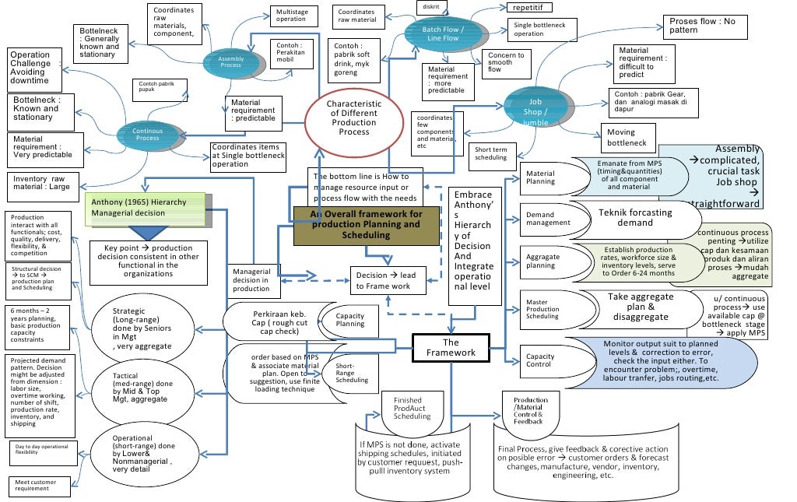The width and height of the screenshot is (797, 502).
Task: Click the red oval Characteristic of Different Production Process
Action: [353, 118]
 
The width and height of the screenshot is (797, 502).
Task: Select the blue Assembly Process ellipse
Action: [230, 61]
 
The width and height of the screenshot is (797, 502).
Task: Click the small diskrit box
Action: [430, 7]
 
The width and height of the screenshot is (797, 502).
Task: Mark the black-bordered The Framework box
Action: [451, 347]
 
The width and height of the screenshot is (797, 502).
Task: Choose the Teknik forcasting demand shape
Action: [636, 217]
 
